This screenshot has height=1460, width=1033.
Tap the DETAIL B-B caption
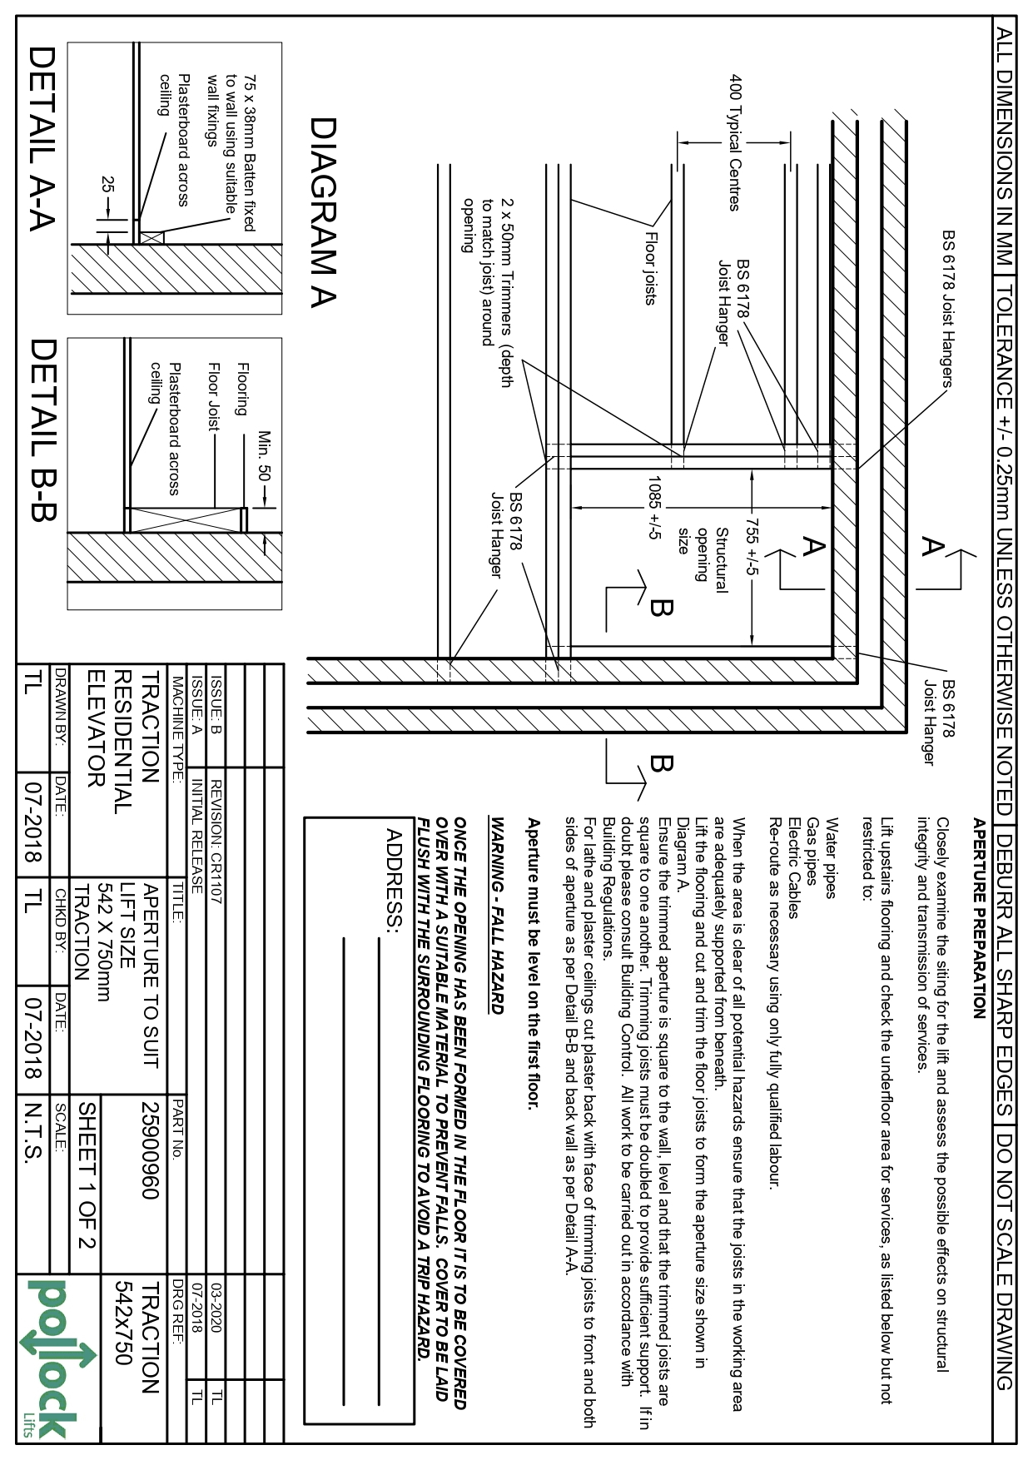(42, 430)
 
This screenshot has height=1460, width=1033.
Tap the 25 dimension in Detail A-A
(106, 184)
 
